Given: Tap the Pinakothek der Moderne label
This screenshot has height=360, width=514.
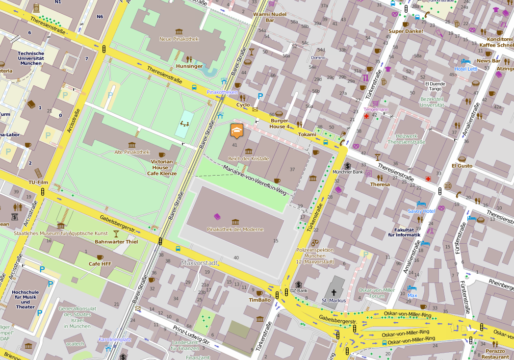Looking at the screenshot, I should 235,230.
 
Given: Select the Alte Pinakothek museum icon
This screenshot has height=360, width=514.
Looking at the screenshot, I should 131,145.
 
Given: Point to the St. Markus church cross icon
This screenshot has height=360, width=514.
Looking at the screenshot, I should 334,292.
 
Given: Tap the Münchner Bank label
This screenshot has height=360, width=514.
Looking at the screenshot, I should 347,172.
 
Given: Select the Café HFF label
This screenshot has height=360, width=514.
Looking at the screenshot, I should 100,264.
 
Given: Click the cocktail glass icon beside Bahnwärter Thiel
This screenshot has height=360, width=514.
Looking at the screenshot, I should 116,233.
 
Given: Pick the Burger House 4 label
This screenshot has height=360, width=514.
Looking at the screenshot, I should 279,123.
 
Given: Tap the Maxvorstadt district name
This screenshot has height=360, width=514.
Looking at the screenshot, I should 199,263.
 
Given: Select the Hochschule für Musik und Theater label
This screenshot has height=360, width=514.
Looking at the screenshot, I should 25,299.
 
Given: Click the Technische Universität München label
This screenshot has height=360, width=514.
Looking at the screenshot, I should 31,58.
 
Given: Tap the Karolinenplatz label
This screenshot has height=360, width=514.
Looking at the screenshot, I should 115,339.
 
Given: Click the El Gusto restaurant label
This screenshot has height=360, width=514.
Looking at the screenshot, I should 462,166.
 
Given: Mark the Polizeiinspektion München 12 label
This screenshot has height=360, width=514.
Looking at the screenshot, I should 315,256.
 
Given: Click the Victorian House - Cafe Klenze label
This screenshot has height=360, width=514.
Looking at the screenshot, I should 162,167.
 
